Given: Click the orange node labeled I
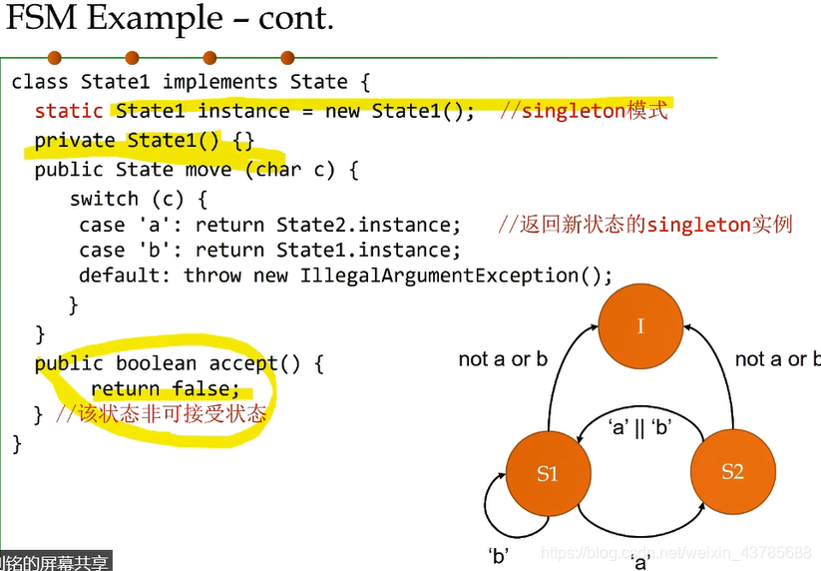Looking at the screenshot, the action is pyautogui.click(x=640, y=325).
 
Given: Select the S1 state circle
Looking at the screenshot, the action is pyautogui.click(x=547, y=473).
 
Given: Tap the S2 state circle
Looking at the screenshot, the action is pyautogui.click(x=732, y=471).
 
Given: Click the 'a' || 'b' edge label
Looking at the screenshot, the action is pyautogui.click(x=639, y=428).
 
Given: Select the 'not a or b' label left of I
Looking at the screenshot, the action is pyautogui.click(x=503, y=359).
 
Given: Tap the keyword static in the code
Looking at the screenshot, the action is pyautogui.click(x=69, y=111).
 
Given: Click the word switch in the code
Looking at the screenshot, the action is pyautogui.click(x=104, y=199).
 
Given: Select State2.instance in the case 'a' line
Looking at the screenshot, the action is pyautogui.click(x=369, y=225).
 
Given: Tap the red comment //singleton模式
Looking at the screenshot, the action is pyautogui.click(x=583, y=110).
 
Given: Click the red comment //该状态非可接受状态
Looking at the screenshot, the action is pyautogui.click(x=161, y=413).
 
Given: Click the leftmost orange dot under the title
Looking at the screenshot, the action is pyautogui.click(x=54, y=58).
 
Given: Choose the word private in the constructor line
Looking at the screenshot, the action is pyautogui.click(x=75, y=141).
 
